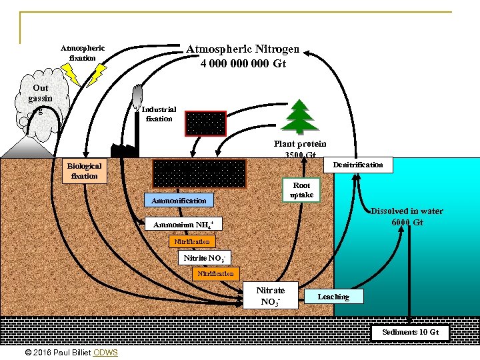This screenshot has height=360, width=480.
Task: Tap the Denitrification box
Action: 358,165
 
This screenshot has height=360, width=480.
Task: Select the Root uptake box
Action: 301,189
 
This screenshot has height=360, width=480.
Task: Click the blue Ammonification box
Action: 179,200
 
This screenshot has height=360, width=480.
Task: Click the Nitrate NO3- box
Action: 270,296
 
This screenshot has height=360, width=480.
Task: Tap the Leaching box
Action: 333,297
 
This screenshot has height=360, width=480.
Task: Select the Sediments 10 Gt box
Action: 410,332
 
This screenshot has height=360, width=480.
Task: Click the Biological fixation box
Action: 83,171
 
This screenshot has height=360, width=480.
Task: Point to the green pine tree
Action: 300,117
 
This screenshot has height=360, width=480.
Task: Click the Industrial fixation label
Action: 159,114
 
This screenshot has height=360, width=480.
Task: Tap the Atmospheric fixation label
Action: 83,53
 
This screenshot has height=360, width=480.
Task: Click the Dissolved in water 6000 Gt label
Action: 407,217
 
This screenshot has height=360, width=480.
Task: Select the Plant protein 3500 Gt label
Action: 300,149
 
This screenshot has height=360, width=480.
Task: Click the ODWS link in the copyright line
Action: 106,352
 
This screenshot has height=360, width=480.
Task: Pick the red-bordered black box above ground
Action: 205,123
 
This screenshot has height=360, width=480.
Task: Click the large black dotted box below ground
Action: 199,173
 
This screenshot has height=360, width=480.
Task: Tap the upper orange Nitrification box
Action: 192,241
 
